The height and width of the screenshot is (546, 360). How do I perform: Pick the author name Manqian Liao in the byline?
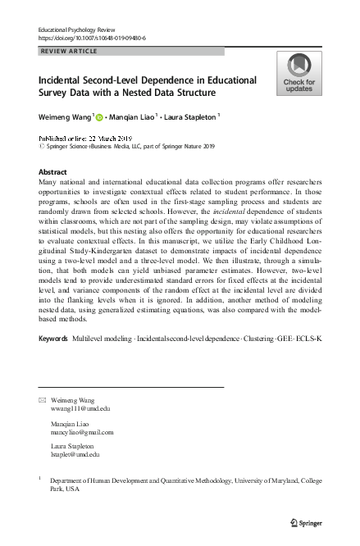pyautogui.click(x=132, y=116)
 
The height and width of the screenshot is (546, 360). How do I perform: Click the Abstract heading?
pyautogui.click(x=53, y=171)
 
